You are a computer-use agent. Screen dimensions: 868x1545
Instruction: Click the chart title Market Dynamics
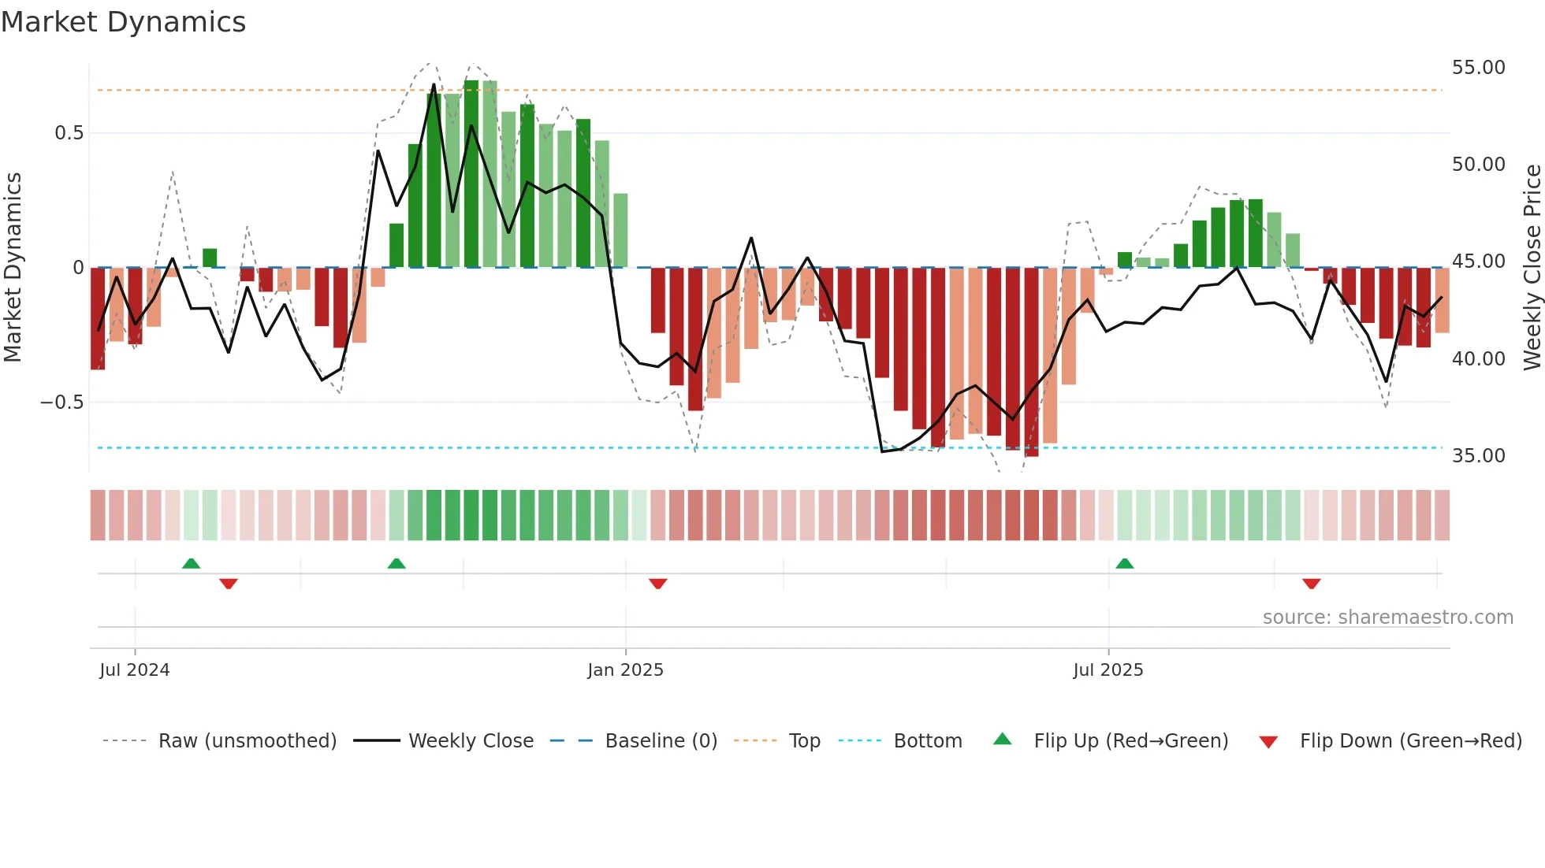(123, 22)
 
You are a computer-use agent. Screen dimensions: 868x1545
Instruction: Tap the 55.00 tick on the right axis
(1478, 68)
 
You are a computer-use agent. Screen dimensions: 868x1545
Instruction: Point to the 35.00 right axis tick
(1478, 456)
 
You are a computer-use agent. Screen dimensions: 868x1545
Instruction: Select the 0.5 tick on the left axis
(69, 133)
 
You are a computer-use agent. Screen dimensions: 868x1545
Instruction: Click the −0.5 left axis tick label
(61, 402)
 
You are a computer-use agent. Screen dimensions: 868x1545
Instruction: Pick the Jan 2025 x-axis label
(625, 670)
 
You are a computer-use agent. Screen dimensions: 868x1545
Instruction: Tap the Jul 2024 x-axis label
(135, 670)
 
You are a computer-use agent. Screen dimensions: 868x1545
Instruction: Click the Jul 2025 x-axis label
(1108, 670)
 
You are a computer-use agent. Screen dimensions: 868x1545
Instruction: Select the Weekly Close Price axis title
(1532, 268)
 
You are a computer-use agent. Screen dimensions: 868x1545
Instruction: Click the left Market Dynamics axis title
(13, 268)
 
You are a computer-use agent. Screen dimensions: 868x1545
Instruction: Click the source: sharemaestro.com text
(1387, 618)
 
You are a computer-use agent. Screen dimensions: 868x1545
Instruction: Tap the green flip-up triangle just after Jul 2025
(1125, 564)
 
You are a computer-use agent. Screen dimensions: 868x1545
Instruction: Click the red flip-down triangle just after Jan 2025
(658, 584)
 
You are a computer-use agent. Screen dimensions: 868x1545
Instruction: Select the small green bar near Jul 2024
(210, 258)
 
